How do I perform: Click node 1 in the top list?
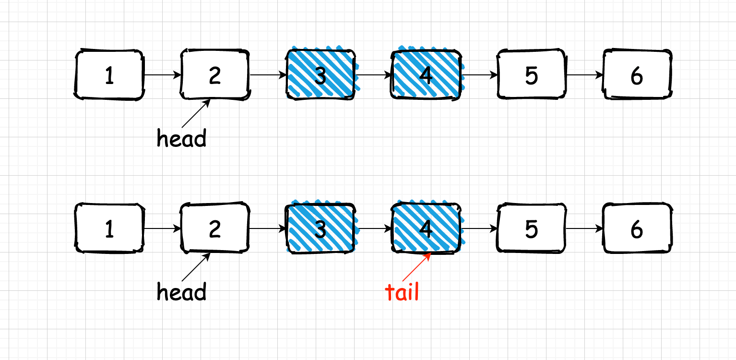(x=109, y=75)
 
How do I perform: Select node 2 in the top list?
(x=215, y=75)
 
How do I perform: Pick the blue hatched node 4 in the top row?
(x=426, y=74)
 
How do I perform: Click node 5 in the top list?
(x=531, y=74)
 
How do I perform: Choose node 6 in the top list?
(x=637, y=74)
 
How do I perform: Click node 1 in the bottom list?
(x=109, y=228)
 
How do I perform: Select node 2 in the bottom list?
(x=215, y=228)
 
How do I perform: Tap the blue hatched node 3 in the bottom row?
(x=321, y=228)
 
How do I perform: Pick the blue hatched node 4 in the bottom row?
(x=426, y=228)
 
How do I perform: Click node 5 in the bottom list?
(x=531, y=228)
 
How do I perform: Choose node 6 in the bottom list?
(x=637, y=228)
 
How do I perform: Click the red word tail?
(x=402, y=292)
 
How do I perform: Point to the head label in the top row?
(x=182, y=139)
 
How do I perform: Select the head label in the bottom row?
(x=182, y=292)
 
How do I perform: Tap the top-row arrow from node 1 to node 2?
(x=162, y=75)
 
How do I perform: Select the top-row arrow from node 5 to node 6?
(x=584, y=75)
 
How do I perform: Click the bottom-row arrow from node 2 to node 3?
(x=268, y=228)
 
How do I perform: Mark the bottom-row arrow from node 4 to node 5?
(x=479, y=228)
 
